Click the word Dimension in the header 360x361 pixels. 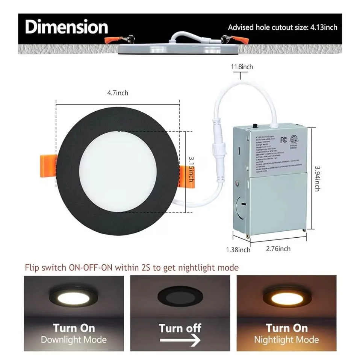[67, 27]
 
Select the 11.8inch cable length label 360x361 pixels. [242, 67]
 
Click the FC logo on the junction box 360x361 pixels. [284, 140]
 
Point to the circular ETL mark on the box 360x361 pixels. [295, 140]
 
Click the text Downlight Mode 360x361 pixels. [74, 340]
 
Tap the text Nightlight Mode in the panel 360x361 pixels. [286, 340]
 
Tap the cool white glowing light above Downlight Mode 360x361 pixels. [74, 297]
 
